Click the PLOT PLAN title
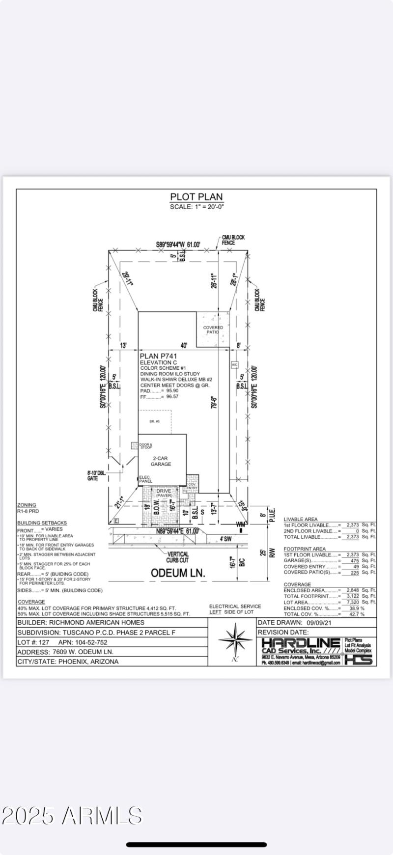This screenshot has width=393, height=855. coord(196,197)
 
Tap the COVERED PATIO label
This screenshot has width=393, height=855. coord(213,330)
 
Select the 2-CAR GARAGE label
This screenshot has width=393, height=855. coord(161,461)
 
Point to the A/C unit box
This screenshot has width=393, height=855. coord(234,365)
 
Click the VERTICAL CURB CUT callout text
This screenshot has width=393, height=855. coord(177,557)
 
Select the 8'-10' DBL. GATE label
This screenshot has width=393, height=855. coord(96,476)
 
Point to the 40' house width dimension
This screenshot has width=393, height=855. coord(184,346)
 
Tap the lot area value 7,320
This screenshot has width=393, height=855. coord(352,602)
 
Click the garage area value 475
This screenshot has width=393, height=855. coord(354,560)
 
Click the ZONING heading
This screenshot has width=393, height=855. coord(27,505)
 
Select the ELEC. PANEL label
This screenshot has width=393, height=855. coord(145,479)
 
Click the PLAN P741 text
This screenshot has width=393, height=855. coord(158,356)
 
